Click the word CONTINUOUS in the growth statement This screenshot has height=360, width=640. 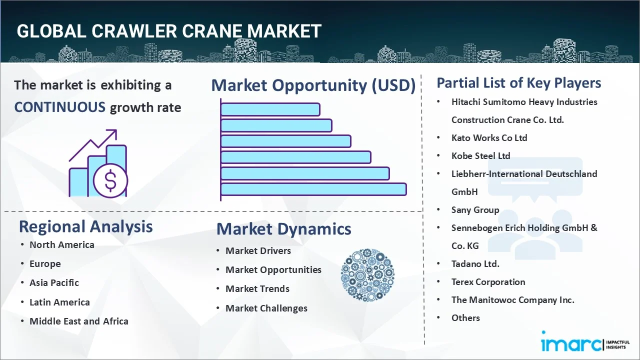(x=59, y=107)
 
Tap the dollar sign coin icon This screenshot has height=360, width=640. (x=110, y=180)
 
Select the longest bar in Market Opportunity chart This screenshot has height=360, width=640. (x=313, y=189)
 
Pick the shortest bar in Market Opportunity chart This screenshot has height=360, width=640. (x=270, y=109)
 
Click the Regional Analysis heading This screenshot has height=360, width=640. (x=85, y=226)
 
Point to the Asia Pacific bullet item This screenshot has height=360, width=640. (x=54, y=282)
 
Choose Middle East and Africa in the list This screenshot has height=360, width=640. (x=78, y=321)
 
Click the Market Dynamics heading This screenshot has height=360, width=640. (x=283, y=229)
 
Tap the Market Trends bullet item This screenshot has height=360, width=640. (x=257, y=288)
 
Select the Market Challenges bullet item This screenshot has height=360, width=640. (x=266, y=308)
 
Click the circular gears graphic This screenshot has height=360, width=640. (x=367, y=275)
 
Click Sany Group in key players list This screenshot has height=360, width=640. (x=475, y=209)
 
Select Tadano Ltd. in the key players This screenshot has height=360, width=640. (x=475, y=263)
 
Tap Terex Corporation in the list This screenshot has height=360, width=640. (x=488, y=281)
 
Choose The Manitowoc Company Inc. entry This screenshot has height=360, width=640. (x=512, y=299)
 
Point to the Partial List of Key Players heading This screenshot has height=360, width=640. (x=518, y=82)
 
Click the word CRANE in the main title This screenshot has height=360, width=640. (x=214, y=31)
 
